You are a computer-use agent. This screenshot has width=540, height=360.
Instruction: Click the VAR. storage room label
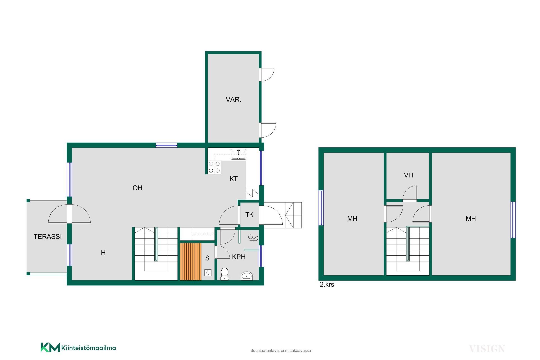[233, 100]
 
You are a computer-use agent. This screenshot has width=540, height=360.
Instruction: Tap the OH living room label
[138, 188]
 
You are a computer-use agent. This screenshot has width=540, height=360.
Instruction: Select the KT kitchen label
[233, 179]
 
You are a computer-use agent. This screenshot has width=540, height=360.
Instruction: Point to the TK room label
[249, 215]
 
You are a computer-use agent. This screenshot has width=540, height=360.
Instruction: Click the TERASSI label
[48, 237]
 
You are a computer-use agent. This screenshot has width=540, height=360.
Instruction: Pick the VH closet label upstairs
[408, 175]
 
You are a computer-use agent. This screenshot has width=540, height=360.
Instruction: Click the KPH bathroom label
[239, 257]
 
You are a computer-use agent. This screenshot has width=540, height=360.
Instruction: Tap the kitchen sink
[238, 154]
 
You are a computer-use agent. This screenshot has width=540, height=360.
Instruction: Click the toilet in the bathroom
[224, 274]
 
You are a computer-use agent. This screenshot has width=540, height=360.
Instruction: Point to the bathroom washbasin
[247, 276]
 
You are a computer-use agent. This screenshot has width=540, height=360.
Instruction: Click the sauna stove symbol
[208, 273]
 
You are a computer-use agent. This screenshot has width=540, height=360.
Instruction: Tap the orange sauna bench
[191, 262]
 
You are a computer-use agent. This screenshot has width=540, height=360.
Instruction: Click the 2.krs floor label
[327, 284]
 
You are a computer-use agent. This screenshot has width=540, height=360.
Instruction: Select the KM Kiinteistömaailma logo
[78, 348]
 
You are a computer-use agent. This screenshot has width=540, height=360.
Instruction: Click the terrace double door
[69, 214]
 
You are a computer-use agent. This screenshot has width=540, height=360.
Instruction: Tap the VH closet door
[409, 194]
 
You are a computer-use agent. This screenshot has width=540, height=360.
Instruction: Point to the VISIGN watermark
[487, 349]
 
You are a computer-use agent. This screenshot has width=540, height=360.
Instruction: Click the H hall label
[103, 253]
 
